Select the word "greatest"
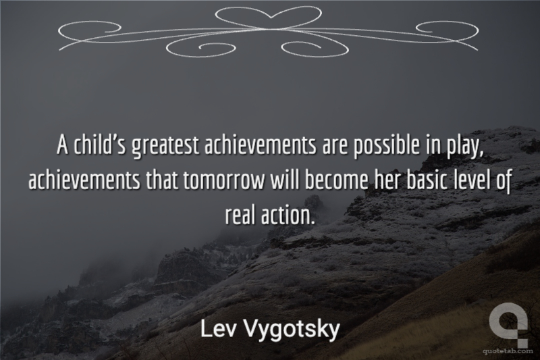coord(165,146)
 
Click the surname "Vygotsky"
coord(292,330)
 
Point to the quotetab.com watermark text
coord(507,351)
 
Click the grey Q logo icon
coord(508,324)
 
